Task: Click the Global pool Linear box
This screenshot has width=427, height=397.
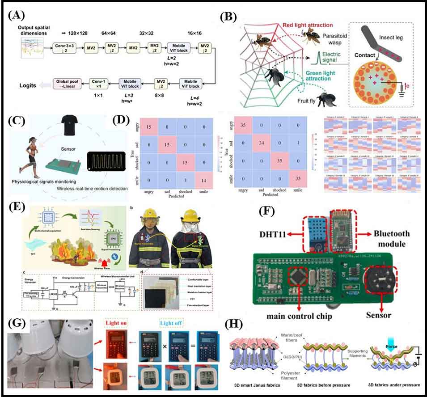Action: coord(67,83)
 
